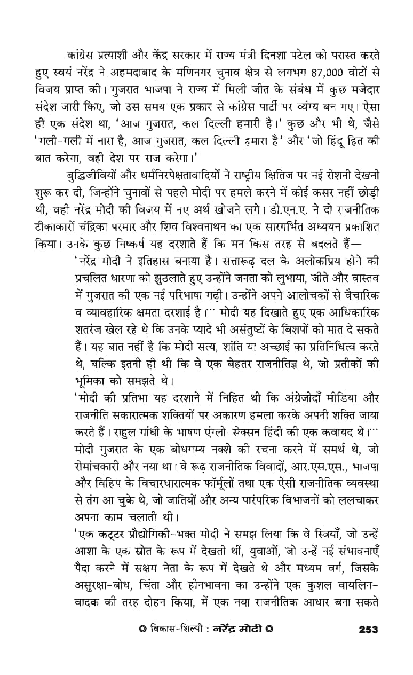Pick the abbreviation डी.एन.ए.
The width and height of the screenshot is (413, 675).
(280, 210)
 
